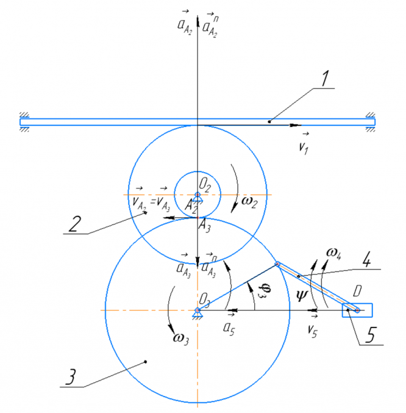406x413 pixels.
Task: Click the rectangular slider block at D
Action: pos(357,311)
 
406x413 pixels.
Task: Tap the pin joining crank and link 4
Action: pos(277,264)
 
